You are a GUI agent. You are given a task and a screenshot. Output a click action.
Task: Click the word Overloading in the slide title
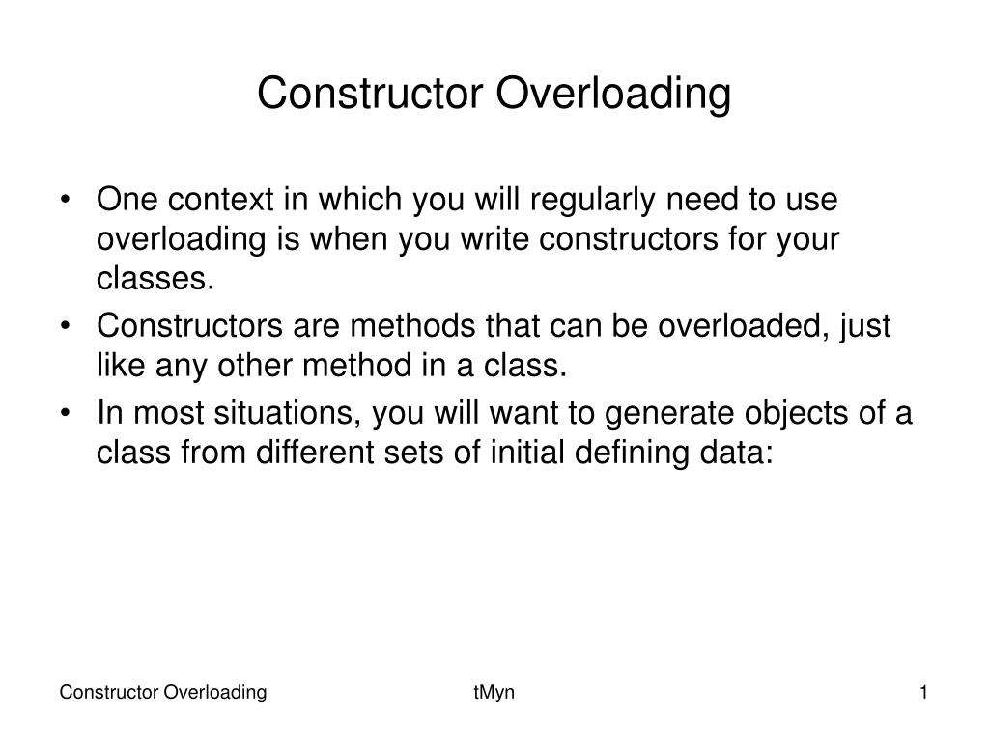coord(614,94)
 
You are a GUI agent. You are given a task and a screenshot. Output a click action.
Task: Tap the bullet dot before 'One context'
coord(65,202)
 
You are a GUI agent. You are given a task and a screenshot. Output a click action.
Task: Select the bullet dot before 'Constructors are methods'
coord(65,327)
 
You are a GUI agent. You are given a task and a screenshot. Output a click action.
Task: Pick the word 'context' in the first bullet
coord(217,201)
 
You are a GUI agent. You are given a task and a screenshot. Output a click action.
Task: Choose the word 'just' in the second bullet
coord(865,326)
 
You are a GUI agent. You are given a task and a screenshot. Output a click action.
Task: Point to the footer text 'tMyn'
coord(494,692)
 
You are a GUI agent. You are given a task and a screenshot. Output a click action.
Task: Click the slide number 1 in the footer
coord(923,692)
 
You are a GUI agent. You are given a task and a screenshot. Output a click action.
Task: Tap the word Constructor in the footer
coord(109,692)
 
